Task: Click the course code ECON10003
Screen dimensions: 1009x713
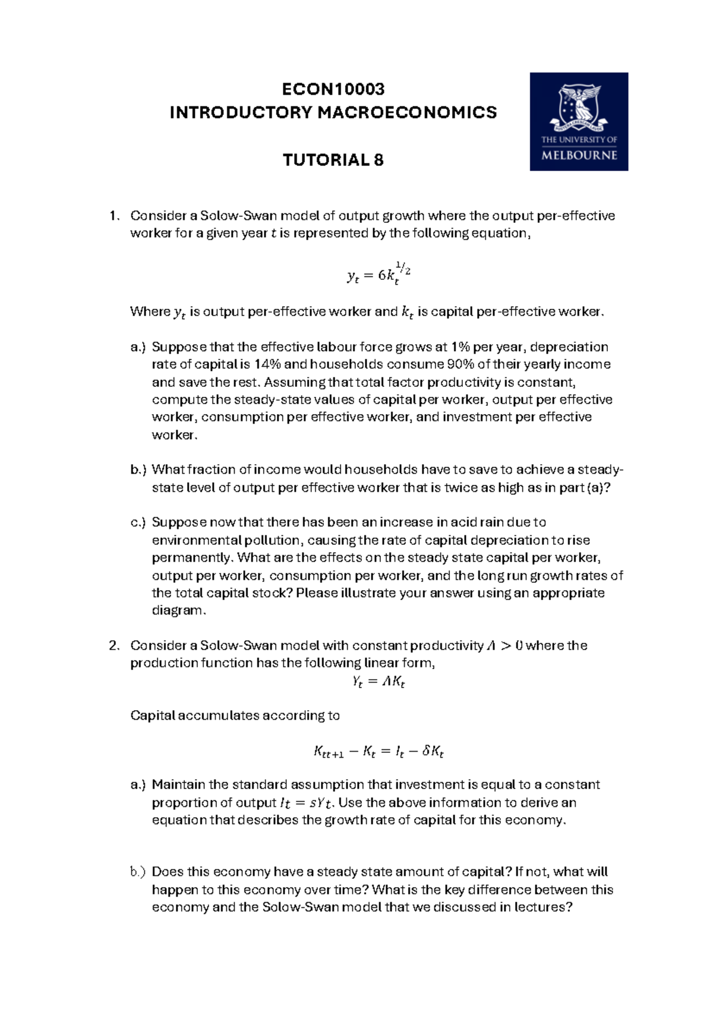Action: coord(333,89)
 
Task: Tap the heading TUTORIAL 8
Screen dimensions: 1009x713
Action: coord(333,160)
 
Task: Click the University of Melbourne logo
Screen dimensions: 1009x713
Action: coord(579,121)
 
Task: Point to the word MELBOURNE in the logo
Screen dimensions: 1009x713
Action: coord(579,156)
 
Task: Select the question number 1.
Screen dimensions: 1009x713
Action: coord(114,216)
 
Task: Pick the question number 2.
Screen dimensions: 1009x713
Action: coord(114,645)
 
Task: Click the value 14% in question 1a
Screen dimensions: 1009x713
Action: coord(267,364)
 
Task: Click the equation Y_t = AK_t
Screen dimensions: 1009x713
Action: coord(378,682)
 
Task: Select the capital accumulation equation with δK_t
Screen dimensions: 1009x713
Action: coord(378,752)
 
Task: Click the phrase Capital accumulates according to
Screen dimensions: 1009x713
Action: coord(235,715)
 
